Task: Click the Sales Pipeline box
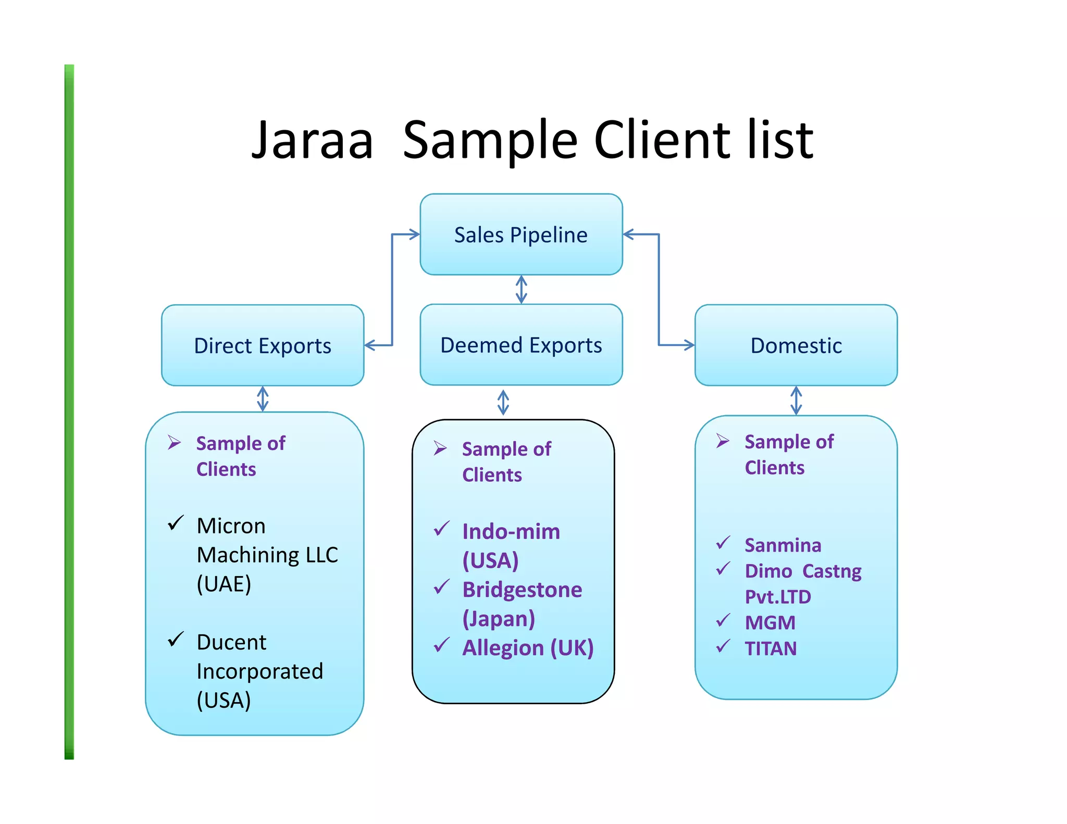[521, 234]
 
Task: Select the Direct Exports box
[263, 345]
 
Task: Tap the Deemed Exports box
[521, 345]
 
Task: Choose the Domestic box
[796, 345]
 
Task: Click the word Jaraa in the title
[313, 141]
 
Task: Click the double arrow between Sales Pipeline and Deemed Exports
[521, 290]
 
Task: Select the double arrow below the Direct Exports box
[263, 399]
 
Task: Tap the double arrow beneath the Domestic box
[796, 401]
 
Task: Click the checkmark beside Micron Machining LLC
[176, 522]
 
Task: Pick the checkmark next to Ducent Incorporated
[176, 639]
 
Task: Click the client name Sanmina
[783, 545]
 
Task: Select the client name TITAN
[771, 648]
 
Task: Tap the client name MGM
[770, 623]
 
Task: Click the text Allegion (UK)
[528, 648]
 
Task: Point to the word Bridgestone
[522, 590]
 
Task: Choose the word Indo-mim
[511, 531]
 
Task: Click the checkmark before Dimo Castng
[723, 569]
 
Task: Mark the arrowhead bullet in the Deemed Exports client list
[440, 448]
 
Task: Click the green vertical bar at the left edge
[69, 411]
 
